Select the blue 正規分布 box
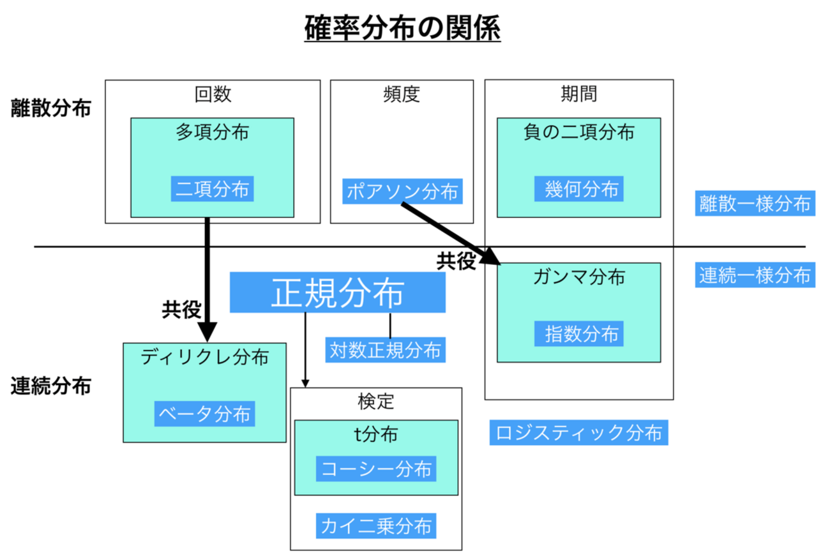point(337,293)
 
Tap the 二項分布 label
point(213,190)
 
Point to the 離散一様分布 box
point(755,204)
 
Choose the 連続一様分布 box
point(755,275)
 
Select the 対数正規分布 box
point(385,350)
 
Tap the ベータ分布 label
point(205,414)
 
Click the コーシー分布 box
point(376,469)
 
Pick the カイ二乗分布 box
point(376,526)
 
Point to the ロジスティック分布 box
point(579,433)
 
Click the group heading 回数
point(213,95)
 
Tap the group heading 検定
point(376,401)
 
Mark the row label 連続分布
point(51,386)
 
